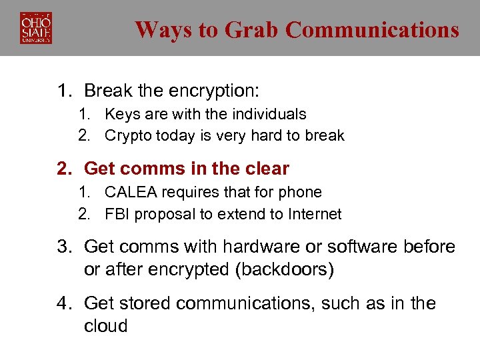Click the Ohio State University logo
[36, 28]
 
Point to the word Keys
[120, 114]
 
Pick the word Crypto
[127, 135]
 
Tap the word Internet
[315, 214]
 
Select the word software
[363, 247]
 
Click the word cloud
[105, 326]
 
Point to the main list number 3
[63, 247]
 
